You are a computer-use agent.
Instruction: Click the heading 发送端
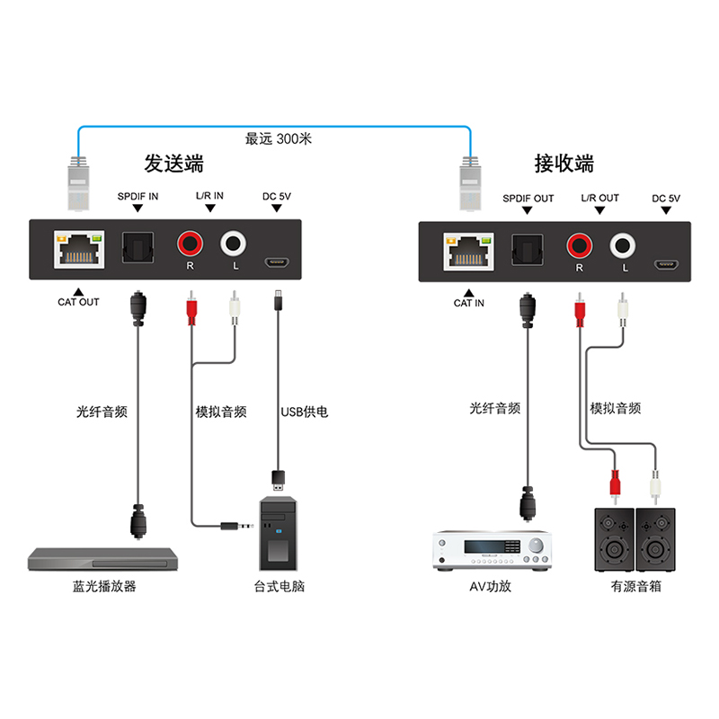tap(174, 164)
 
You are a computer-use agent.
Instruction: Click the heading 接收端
tap(564, 164)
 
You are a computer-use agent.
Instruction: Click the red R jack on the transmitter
tap(190, 242)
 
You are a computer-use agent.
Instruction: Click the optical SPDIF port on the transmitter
tap(138, 244)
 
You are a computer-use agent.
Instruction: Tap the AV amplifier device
tap(492, 549)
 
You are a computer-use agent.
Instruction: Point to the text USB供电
tap(305, 412)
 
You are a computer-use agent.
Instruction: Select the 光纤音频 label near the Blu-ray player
tap(102, 412)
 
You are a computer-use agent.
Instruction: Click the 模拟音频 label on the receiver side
tap(616, 407)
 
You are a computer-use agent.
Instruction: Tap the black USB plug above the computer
tap(280, 477)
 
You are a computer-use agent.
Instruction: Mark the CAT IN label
tap(468, 303)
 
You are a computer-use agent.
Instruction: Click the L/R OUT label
tap(599, 198)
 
